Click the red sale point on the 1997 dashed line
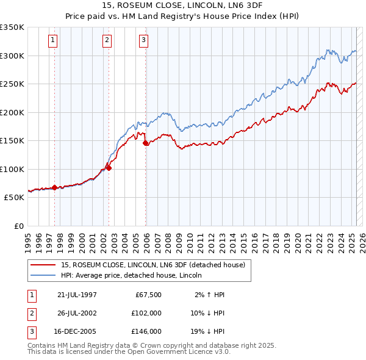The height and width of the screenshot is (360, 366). point(55,187)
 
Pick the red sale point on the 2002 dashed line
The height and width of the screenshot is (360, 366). point(109,168)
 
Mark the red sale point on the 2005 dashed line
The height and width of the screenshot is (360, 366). point(145,143)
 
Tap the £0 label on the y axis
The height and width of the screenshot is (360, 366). point(18,226)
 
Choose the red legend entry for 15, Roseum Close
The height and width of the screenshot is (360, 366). point(152,265)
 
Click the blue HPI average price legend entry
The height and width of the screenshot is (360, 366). point(135,275)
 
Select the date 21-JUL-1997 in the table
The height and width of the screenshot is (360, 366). point(77,295)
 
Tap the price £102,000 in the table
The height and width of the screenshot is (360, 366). point(147,313)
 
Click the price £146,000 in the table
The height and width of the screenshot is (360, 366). point(147,331)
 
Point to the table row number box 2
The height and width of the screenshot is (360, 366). point(30,313)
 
